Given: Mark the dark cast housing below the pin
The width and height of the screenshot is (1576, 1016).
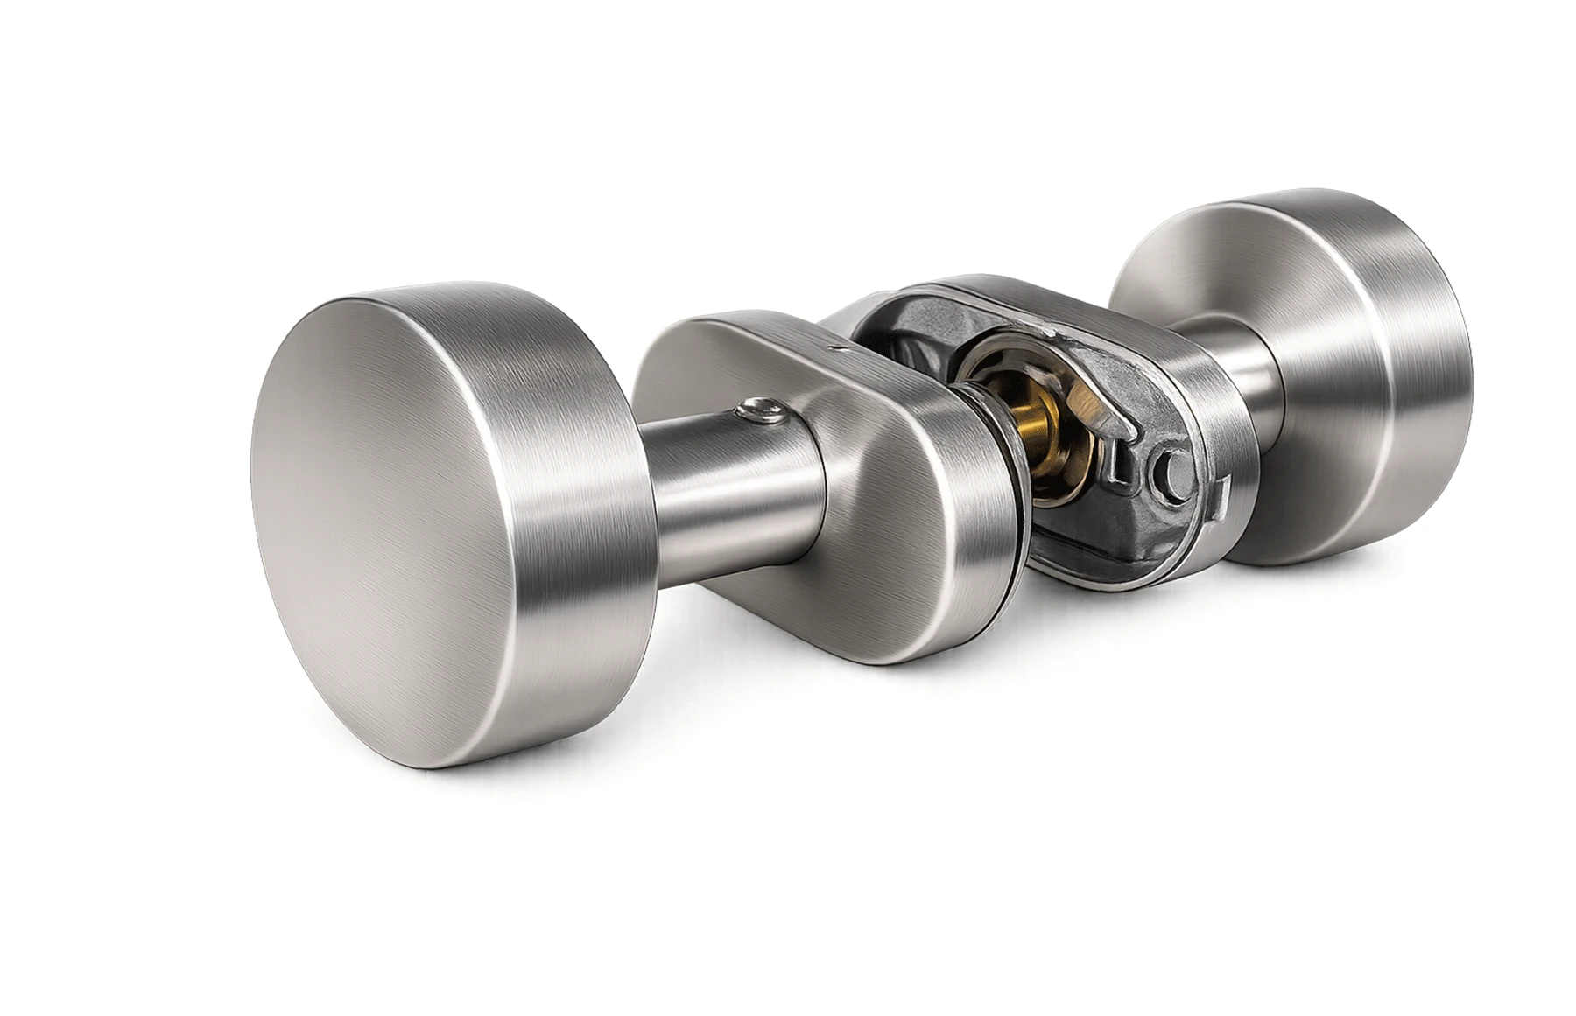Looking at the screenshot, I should pos(1156,543).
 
